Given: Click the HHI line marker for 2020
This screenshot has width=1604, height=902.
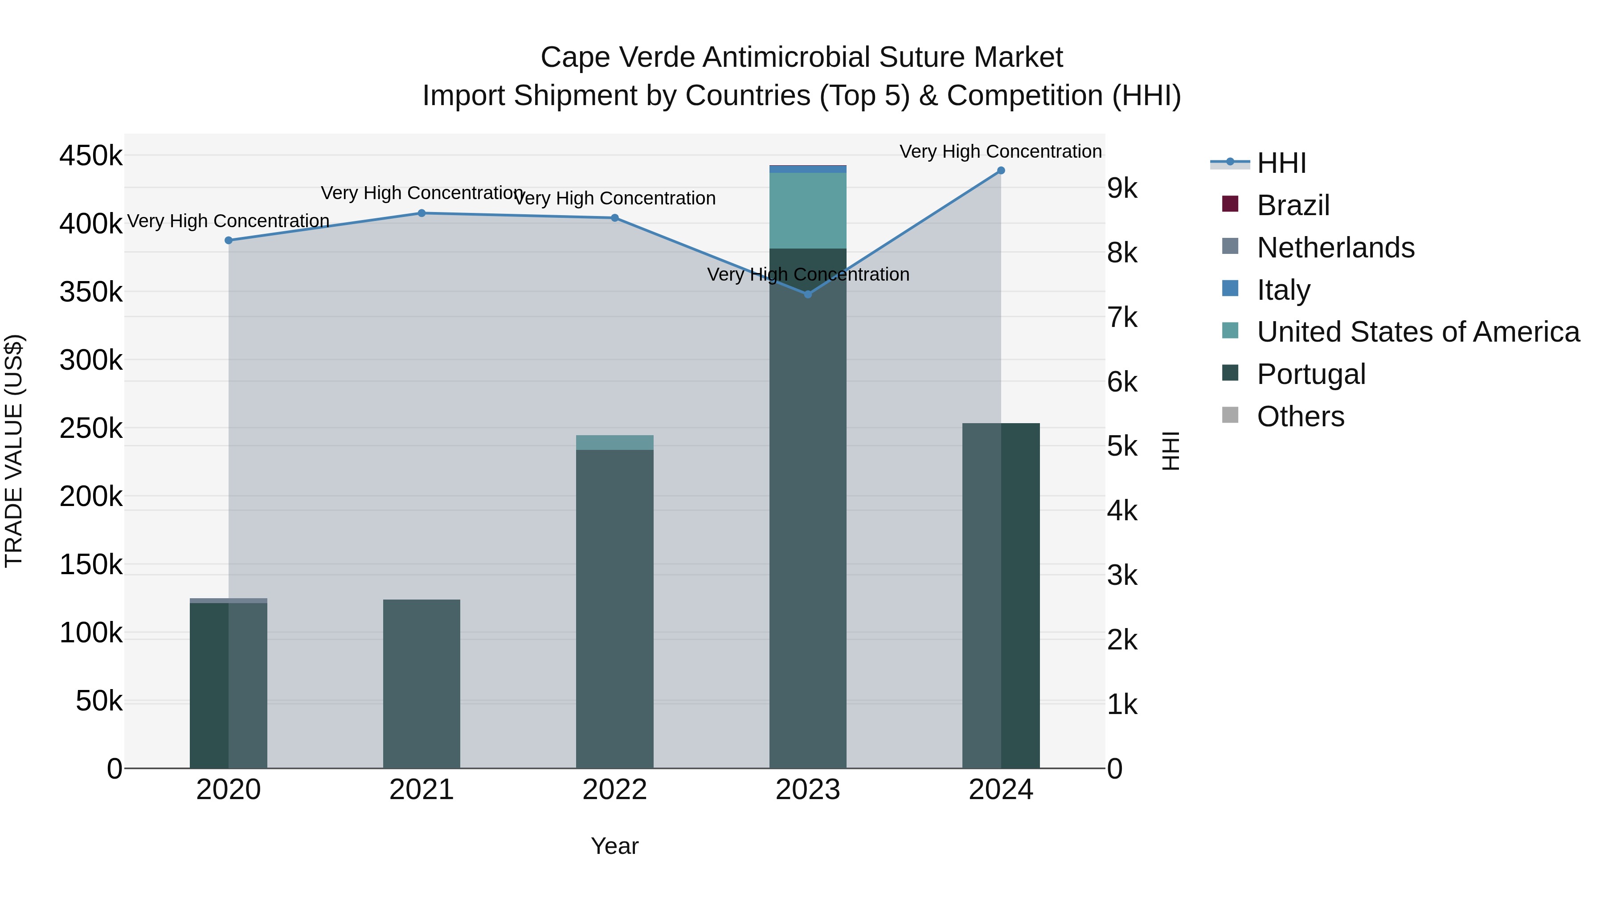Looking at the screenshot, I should click(x=229, y=240).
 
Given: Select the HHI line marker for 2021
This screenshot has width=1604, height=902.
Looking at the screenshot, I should click(x=421, y=213).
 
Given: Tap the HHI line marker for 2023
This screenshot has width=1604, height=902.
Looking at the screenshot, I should click(x=808, y=294).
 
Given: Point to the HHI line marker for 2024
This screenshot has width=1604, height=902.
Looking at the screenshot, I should click(x=1001, y=171).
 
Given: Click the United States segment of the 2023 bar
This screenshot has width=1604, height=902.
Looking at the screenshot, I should click(x=808, y=210).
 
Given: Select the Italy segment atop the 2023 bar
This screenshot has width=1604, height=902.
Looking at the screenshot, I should click(x=808, y=169).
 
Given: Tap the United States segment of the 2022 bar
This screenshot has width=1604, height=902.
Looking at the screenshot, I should click(x=614, y=443).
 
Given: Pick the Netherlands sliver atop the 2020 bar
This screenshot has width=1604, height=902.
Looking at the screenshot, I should click(x=229, y=601).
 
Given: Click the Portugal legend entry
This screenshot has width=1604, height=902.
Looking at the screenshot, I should click(x=1311, y=374).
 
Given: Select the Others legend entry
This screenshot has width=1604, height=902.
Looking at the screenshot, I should click(x=1300, y=416).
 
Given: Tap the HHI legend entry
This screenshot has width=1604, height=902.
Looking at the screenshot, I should click(x=1281, y=163).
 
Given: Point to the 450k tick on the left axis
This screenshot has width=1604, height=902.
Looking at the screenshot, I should click(x=91, y=155).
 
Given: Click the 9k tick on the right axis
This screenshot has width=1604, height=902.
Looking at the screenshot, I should click(x=1122, y=188).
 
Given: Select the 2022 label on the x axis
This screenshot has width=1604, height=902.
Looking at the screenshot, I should click(x=614, y=790).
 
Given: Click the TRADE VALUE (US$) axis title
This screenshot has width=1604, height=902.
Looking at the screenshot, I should click(x=14, y=451).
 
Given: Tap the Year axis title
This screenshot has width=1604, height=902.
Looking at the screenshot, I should click(x=614, y=846).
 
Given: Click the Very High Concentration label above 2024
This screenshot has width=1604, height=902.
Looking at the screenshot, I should click(x=1001, y=152).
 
